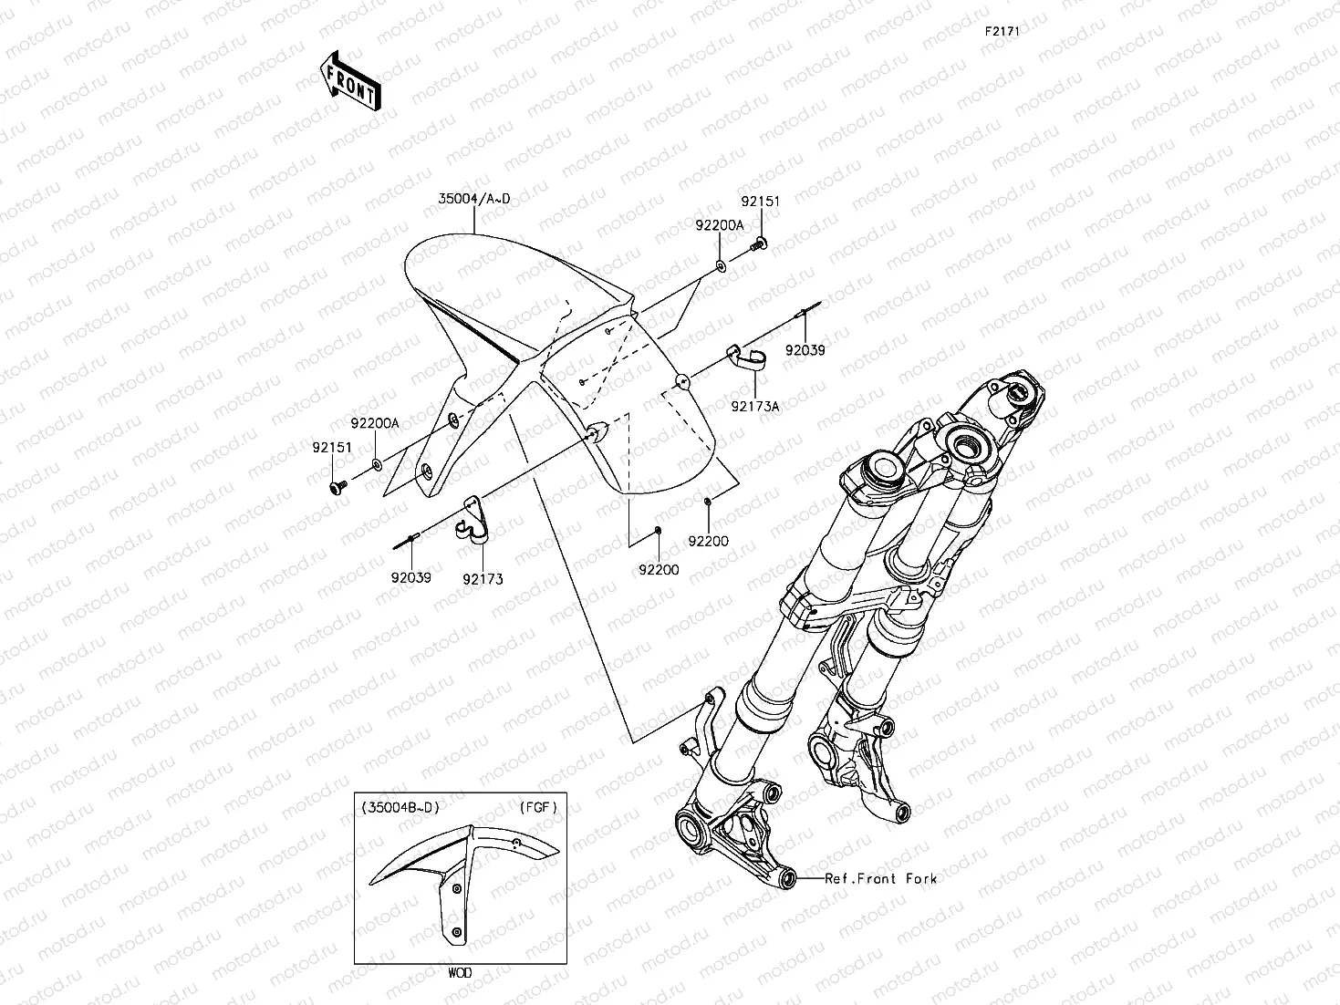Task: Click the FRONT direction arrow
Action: point(352,80)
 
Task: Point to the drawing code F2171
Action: point(1001,31)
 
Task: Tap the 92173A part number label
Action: point(754,407)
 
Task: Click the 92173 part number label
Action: point(483,578)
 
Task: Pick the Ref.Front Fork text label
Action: point(880,879)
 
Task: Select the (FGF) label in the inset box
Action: point(537,807)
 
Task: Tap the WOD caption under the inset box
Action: point(460,973)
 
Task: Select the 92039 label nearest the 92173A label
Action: point(805,349)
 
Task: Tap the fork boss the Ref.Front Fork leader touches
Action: point(787,879)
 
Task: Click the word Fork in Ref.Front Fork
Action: point(921,879)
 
